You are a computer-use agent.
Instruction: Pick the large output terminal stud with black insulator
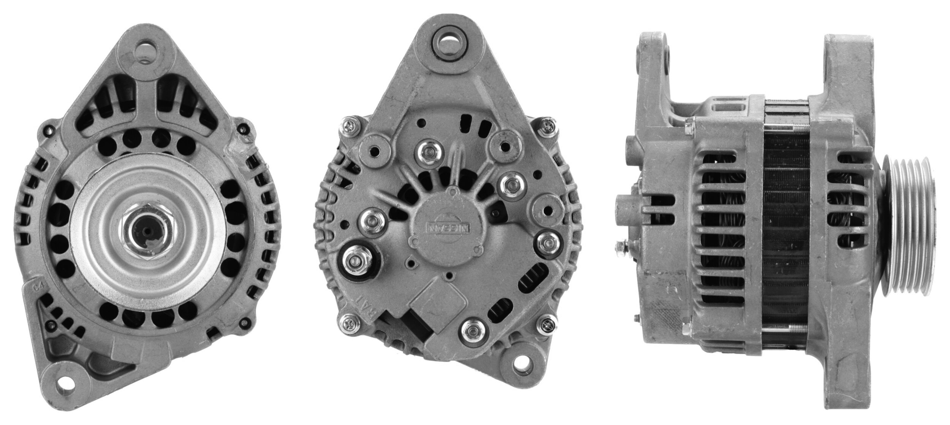(x=355, y=260)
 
